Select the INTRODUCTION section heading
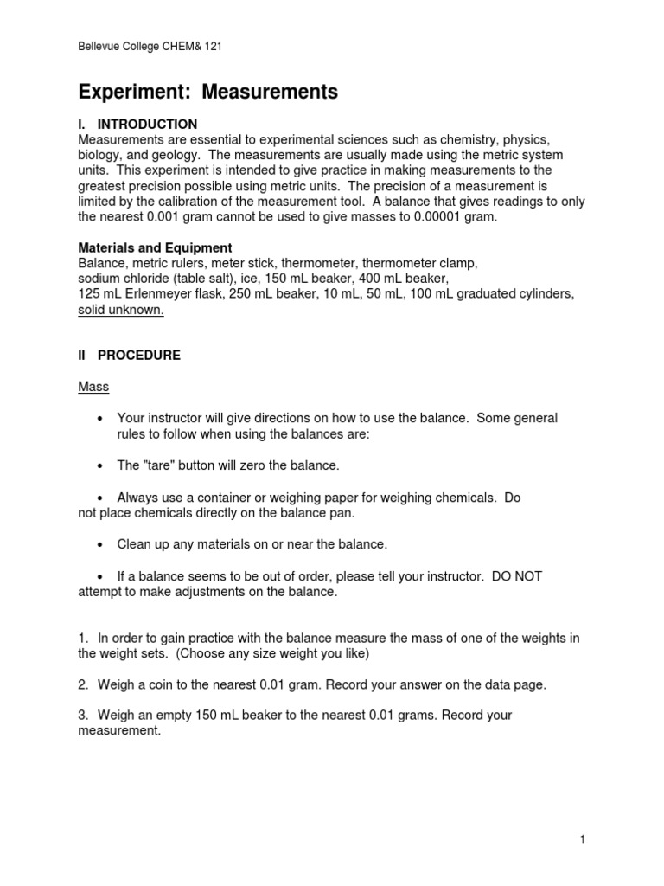click(147, 125)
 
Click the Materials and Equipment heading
click(155, 247)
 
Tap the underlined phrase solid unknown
click(121, 310)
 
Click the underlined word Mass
click(93, 387)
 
